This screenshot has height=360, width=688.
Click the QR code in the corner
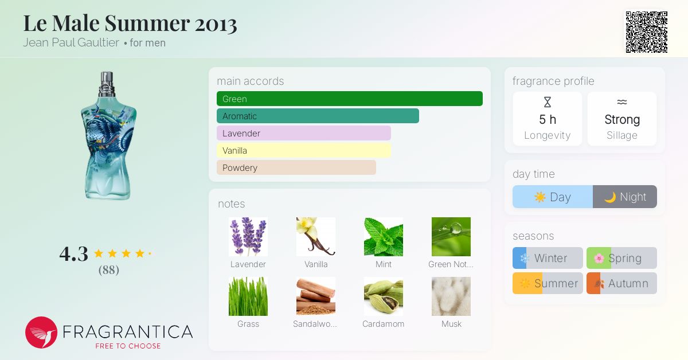[647, 32]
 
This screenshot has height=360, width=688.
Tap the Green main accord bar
[350, 99]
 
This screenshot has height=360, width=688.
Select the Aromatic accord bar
[318, 116]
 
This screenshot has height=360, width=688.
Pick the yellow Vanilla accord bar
[303, 151]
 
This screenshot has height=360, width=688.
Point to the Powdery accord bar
[296, 168]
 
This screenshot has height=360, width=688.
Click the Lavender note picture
[248, 237]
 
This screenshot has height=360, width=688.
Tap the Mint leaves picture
[384, 237]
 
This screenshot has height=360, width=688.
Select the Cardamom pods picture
[384, 296]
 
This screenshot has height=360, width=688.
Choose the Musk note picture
[451, 296]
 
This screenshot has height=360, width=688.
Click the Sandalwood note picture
[316, 296]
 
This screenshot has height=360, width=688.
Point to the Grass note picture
[248, 296]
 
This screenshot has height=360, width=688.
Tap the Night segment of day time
[625, 197]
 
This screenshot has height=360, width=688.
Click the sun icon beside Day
[540, 197]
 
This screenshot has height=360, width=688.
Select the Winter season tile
[548, 258]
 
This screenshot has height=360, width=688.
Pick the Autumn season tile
[621, 283]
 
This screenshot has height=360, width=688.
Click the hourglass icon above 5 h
[548, 102]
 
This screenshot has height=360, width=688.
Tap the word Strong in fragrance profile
[622, 119]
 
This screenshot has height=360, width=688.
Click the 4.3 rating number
[74, 254]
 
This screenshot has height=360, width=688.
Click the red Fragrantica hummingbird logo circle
[41, 332]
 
